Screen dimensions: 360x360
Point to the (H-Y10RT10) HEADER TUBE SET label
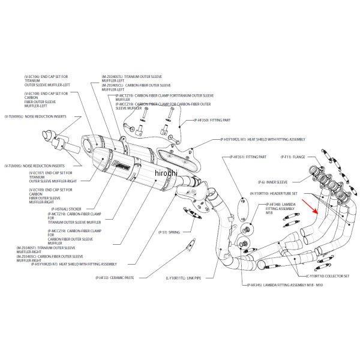[266, 194]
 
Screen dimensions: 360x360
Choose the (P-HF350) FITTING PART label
[208, 121]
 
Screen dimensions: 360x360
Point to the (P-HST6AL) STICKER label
[67, 209]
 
